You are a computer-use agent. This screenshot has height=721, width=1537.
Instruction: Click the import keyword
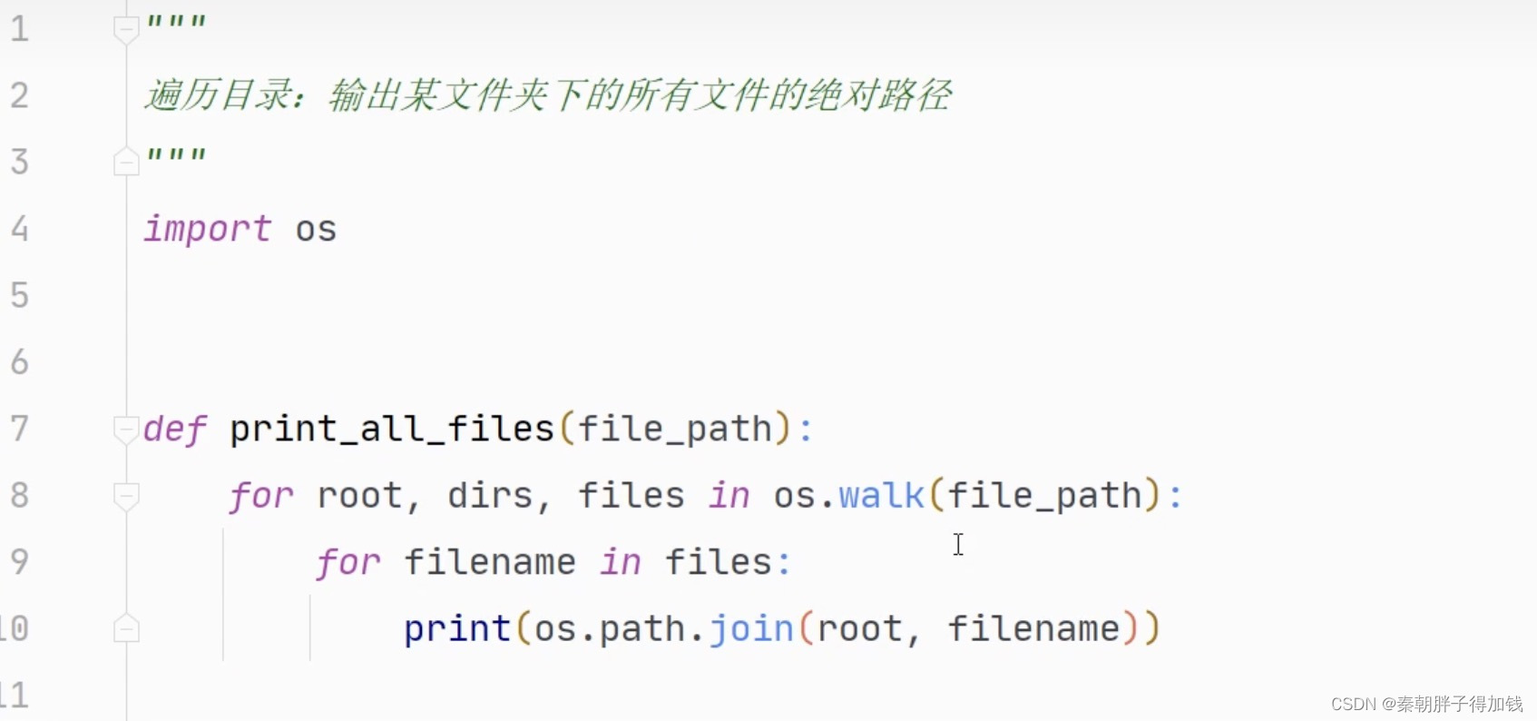coord(207,229)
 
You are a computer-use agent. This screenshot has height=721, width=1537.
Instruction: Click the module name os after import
coord(316,230)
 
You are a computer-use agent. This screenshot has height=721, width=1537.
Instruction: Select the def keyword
coord(174,429)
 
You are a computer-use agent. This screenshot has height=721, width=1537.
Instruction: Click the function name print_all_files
coord(391,429)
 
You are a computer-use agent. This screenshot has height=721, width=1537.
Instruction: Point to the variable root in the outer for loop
coord(359,496)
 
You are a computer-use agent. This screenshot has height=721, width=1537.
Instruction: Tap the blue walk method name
coord(881,496)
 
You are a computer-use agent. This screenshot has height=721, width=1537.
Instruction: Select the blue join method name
coord(751,628)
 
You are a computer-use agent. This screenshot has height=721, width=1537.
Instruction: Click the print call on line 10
coord(457,628)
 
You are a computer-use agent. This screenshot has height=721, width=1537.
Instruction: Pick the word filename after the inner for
coord(490,562)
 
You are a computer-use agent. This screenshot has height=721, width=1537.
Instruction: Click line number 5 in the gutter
coord(20,295)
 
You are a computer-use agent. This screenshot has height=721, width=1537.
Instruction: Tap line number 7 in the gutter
coord(20,428)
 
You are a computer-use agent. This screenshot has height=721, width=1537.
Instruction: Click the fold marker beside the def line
coord(126,428)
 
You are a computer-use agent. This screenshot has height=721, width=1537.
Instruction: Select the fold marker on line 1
coord(126,30)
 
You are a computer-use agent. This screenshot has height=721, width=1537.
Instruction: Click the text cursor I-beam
coord(958,544)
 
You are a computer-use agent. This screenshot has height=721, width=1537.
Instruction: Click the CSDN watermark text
coord(1426,704)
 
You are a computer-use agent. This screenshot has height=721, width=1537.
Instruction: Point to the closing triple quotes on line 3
coord(177,156)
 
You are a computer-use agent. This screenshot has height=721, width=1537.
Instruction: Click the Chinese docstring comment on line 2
coord(548,95)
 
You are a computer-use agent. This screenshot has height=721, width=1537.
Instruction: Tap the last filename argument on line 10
coord(1034,628)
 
